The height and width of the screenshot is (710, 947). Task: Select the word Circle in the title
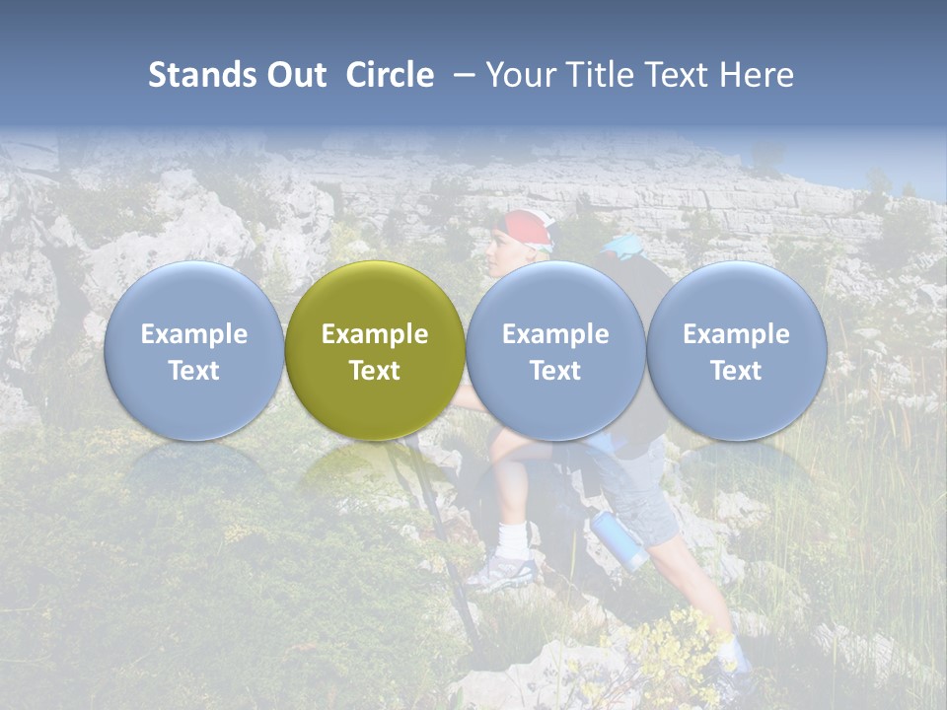click(x=390, y=75)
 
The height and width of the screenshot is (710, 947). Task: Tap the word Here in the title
click(x=757, y=75)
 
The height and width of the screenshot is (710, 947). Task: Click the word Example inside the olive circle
click(x=375, y=334)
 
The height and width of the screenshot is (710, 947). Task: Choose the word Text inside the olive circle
click(x=375, y=371)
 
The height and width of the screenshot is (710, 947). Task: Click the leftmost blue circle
click(x=193, y=350)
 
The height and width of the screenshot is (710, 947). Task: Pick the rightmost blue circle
click(x=736, y=350)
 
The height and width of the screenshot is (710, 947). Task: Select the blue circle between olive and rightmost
click(x=555, y=350)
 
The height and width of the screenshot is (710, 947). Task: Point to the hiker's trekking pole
click(x=434, y=523)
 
